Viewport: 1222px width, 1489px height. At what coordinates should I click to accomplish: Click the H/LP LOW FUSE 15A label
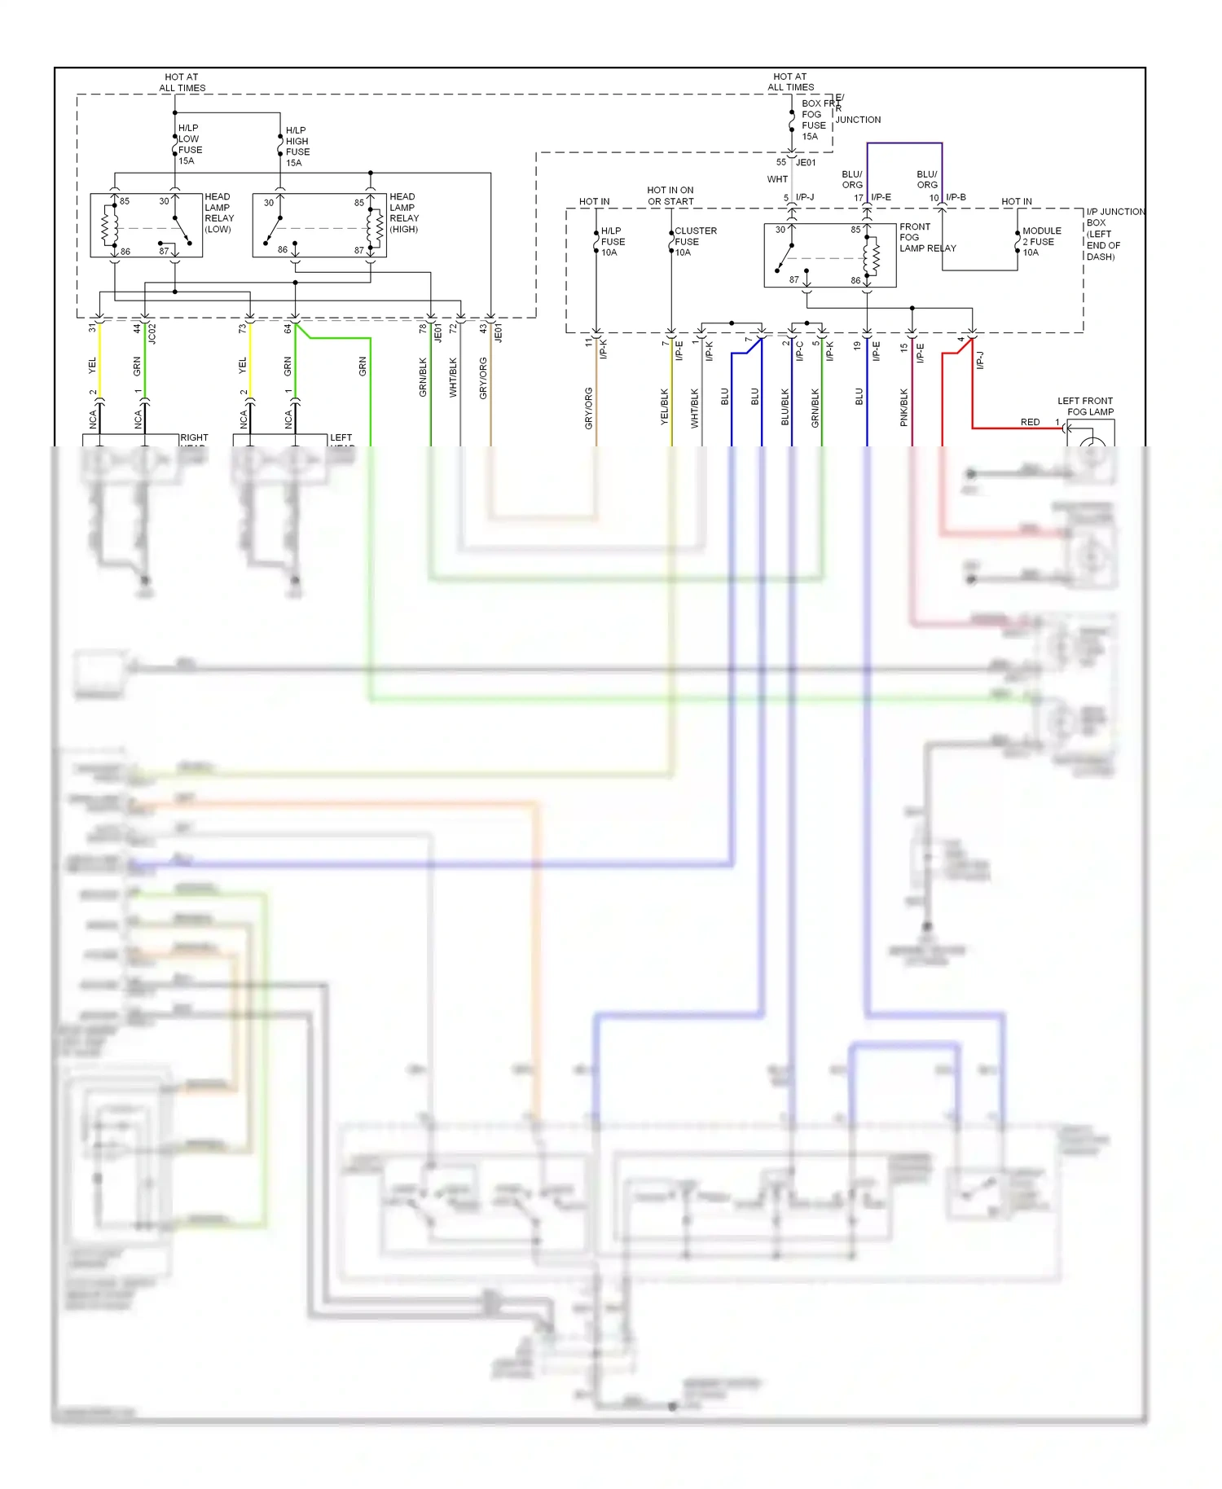pyautogui.click(x=190, y=144)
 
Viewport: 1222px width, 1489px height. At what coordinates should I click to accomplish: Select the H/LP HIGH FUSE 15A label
pyautogui.click(x=297, y=147)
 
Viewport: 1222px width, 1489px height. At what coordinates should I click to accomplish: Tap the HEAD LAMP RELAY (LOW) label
pyautogui.click(x=218, y=213)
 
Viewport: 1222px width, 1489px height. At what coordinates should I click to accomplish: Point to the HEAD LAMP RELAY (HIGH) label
pyautogui.click(x=404, y=213)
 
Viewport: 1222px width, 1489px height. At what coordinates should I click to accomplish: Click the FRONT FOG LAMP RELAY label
pyautogui.click(x=926, y=238)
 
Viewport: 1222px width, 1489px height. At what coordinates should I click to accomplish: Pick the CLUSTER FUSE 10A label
pyautogui.click(x=694, y=242)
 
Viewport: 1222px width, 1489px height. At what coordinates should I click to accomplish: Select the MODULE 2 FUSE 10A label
pyautogui.click(x=1041, y=242)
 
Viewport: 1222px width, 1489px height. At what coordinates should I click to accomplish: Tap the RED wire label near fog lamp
pyautogui.click(x=1030, y=422)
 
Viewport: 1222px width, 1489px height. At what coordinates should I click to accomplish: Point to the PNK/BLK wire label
pyautogui.click(x=903, y=406)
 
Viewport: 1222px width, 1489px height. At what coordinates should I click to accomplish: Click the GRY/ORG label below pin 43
pyautogui.click(x=483, y=378)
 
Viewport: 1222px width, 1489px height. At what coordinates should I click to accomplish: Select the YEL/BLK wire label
pyautogui.click(x=664, y=406)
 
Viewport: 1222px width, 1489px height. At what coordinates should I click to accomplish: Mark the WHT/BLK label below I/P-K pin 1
pyautogui.click(x=694, y=408)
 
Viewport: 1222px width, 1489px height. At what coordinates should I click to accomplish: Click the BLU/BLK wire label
pyautogui.click(x=785, y=406)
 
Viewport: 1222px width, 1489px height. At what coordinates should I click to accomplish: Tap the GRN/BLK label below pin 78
pyautogui.click(x=423, y=378)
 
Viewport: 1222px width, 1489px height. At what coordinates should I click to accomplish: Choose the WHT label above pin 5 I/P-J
pyautogui.click(x=777, y=179)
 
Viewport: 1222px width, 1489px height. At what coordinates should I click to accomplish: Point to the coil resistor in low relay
pyautogui.click(x=106, y=227)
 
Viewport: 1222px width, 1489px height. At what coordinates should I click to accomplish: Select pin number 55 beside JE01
pyautogui.click(x=780, y=162)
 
